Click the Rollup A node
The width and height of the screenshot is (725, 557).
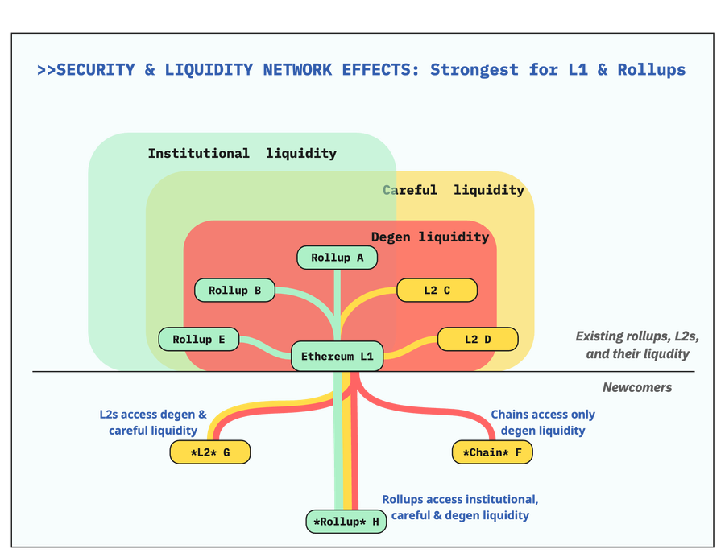click(x=337, y=258)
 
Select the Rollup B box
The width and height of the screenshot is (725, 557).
click(x=234, y=290)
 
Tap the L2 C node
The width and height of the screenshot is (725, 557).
click(x=437, y=290)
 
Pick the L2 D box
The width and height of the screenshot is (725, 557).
click(x=477, y=339)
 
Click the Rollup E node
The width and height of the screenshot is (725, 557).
click(x=199, y=339)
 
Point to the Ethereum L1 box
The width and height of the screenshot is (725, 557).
click(x=337, y=356)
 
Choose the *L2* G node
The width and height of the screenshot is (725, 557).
click(x=210, y=452)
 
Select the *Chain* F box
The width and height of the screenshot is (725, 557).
click(x=492, y=452)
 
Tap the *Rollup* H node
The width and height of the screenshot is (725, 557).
click(x=346, y=522)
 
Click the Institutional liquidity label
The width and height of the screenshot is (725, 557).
click(x=242, y=153)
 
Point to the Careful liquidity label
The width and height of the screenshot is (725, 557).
click(x=454, y=190)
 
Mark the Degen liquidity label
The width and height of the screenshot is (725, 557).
click(x=429, y=237)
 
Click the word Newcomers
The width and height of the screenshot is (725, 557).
click(x=636, y=387)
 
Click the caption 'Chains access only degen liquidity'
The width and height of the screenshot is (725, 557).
click(x=543, y=423)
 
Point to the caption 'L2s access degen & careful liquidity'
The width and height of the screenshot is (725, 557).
click(x=153, y=423)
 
